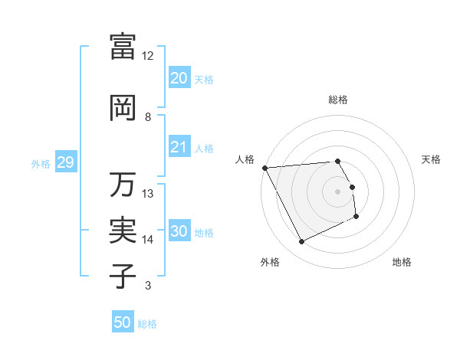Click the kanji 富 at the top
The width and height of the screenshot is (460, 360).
pyautogui.click(x=123, y=46)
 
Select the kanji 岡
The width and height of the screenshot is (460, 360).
pyautogui.click(x=123, y=108)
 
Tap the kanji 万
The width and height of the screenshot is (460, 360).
pyautogui.click(x=123, y=185)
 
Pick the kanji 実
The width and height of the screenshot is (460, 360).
pyautogui.click(x=123, y=231)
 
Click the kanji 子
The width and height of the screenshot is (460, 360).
pyautogui.click(x=123, y=277)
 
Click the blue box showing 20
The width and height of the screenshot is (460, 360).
pyautogui.click(x=179, y=78)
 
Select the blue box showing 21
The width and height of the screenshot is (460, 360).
pyautogui.click(x=179, y=147)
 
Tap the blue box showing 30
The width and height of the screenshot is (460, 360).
pyautogui.click(x=179, y=231)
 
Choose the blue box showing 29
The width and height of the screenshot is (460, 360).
pyautogui.click(x=65, y=162)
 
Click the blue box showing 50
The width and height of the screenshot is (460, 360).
pyautogui.click(x=123, y=322)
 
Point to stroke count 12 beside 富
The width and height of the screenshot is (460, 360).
pyautogui.click(x=147, y=56)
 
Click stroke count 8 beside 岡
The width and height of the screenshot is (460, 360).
pyautogui.click(x=147, y=117)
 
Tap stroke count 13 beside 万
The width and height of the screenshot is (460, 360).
pyautogui.click(x=147, y=194)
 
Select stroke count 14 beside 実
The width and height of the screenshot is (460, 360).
pyautogui.click(x=147, y=240)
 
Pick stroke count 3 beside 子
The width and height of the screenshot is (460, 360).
pyautogui.click(x=147, y=286)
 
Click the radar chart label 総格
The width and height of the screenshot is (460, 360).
pyautogui.click(x=337, y=100)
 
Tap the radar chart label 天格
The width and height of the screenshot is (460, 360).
pyautogui.click(x=432, y=159)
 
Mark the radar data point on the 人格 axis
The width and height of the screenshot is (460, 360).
pyautogui.click(x=264, y=168)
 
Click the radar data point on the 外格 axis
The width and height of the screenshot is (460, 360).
pyautogui.click(x=301, y=242)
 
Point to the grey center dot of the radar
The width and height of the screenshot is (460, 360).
pyautogui.click(x=337, y=191)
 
